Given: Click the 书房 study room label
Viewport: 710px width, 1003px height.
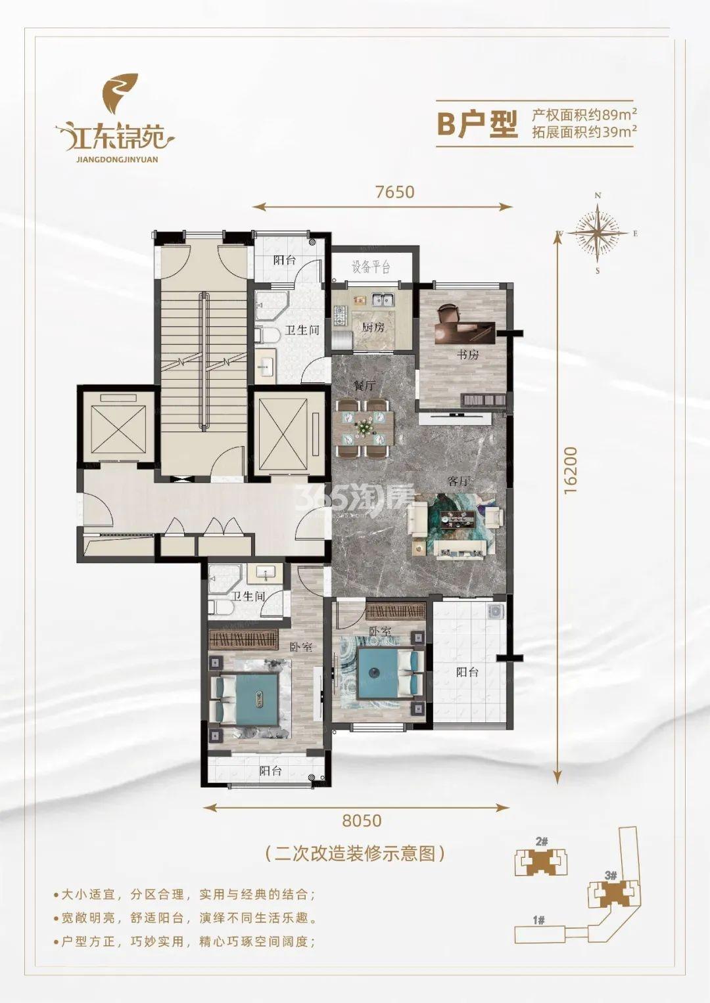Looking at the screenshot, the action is [x=468, y=355].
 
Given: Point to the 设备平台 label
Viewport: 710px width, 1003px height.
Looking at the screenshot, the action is [x=371, y=267].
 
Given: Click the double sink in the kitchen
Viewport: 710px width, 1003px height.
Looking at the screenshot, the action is [x=383, y=300].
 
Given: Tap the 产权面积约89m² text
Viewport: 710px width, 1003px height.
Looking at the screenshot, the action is [x=584, y=115].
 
